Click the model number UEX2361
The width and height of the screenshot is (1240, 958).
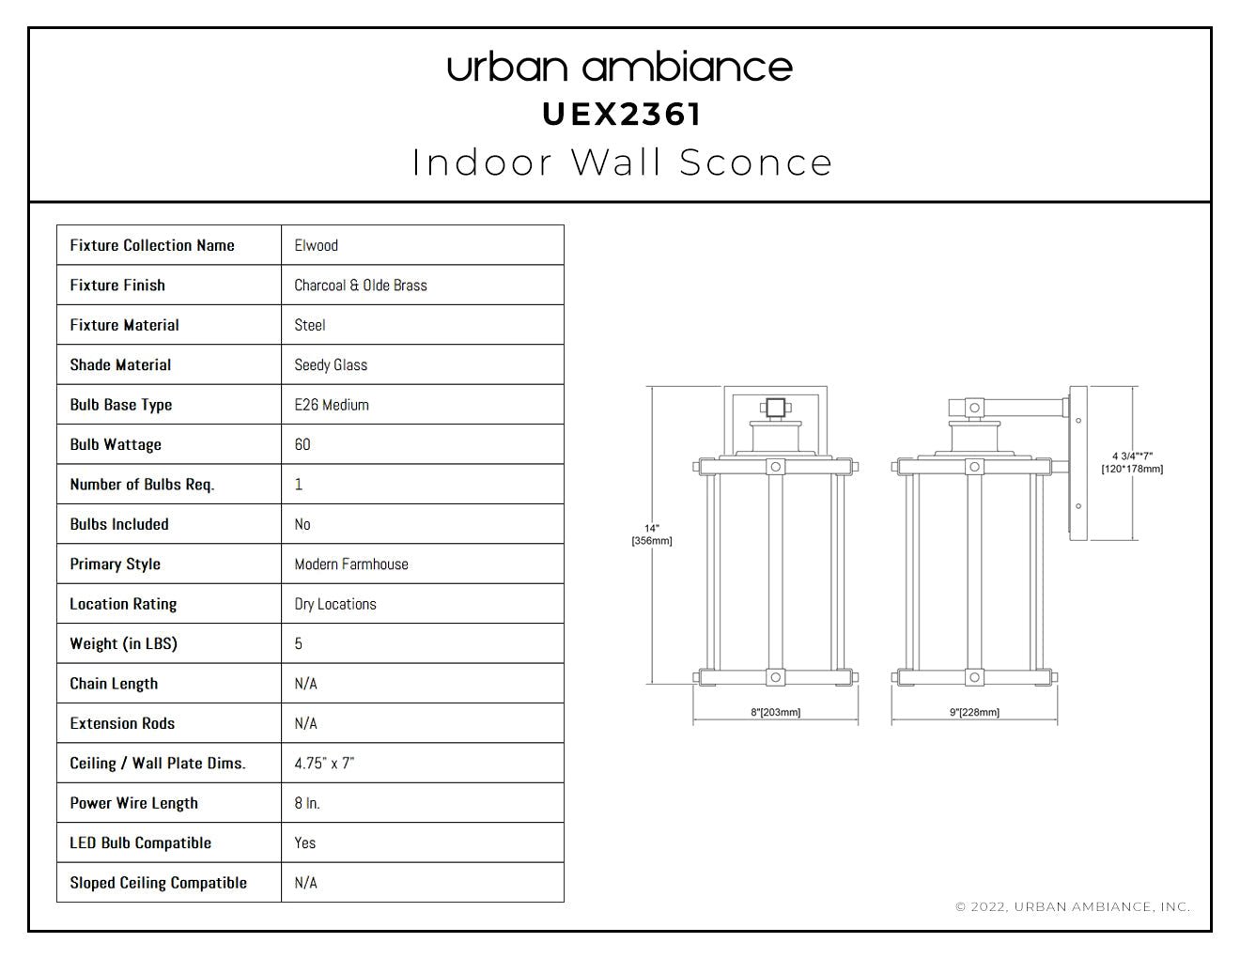621,115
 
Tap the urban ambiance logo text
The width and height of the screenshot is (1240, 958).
620,68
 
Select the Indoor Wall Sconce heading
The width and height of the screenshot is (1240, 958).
622,162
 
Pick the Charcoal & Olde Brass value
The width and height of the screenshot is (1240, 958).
361,286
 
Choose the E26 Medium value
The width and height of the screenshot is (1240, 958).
332,405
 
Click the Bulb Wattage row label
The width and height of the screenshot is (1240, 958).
116,445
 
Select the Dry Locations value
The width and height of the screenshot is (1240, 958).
335,604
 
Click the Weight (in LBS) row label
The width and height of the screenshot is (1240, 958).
124,644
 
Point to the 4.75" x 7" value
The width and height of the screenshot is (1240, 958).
324,764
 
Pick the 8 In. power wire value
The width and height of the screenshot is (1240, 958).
307,803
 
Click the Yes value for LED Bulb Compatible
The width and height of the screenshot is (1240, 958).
305,843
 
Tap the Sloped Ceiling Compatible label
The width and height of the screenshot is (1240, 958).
159,883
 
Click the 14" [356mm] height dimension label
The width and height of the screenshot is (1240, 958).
652,534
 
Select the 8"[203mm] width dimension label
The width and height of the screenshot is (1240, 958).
776,712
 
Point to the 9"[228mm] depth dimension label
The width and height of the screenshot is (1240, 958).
975,712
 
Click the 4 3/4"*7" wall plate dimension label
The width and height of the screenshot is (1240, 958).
1132,463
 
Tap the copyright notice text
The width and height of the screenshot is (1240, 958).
1074,907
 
